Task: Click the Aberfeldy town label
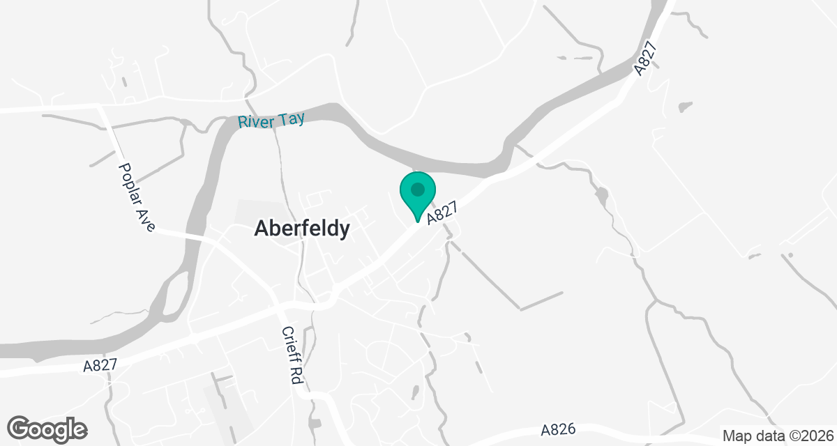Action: click(x=302, y=229)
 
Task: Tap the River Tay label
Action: click(x=271, y=121)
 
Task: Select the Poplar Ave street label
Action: click(x=137, y=197)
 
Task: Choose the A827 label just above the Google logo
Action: click(x=100, y=365)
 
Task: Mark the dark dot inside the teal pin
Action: click(x=417, y=189)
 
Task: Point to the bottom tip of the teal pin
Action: click(x=417, y=222)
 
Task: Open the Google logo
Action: click(x=47, y=429)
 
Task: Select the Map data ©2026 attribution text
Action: click(x=777, y=436)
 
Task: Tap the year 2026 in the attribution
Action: click(x=815, y=436)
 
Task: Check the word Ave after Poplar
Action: click(x=146, y=218)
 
